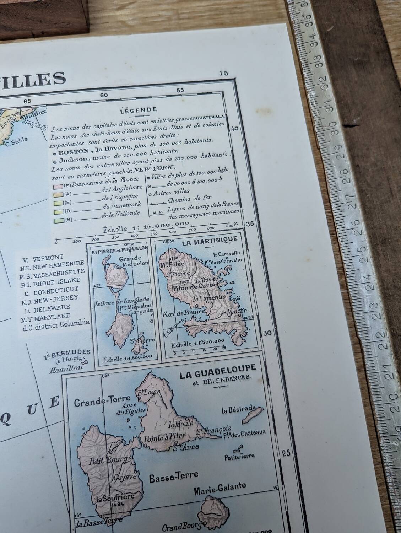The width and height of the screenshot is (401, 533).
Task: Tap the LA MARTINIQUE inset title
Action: [209, 239]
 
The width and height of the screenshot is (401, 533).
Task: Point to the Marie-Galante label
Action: [220, 486]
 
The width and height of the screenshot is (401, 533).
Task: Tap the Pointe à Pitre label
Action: [160, 439]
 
